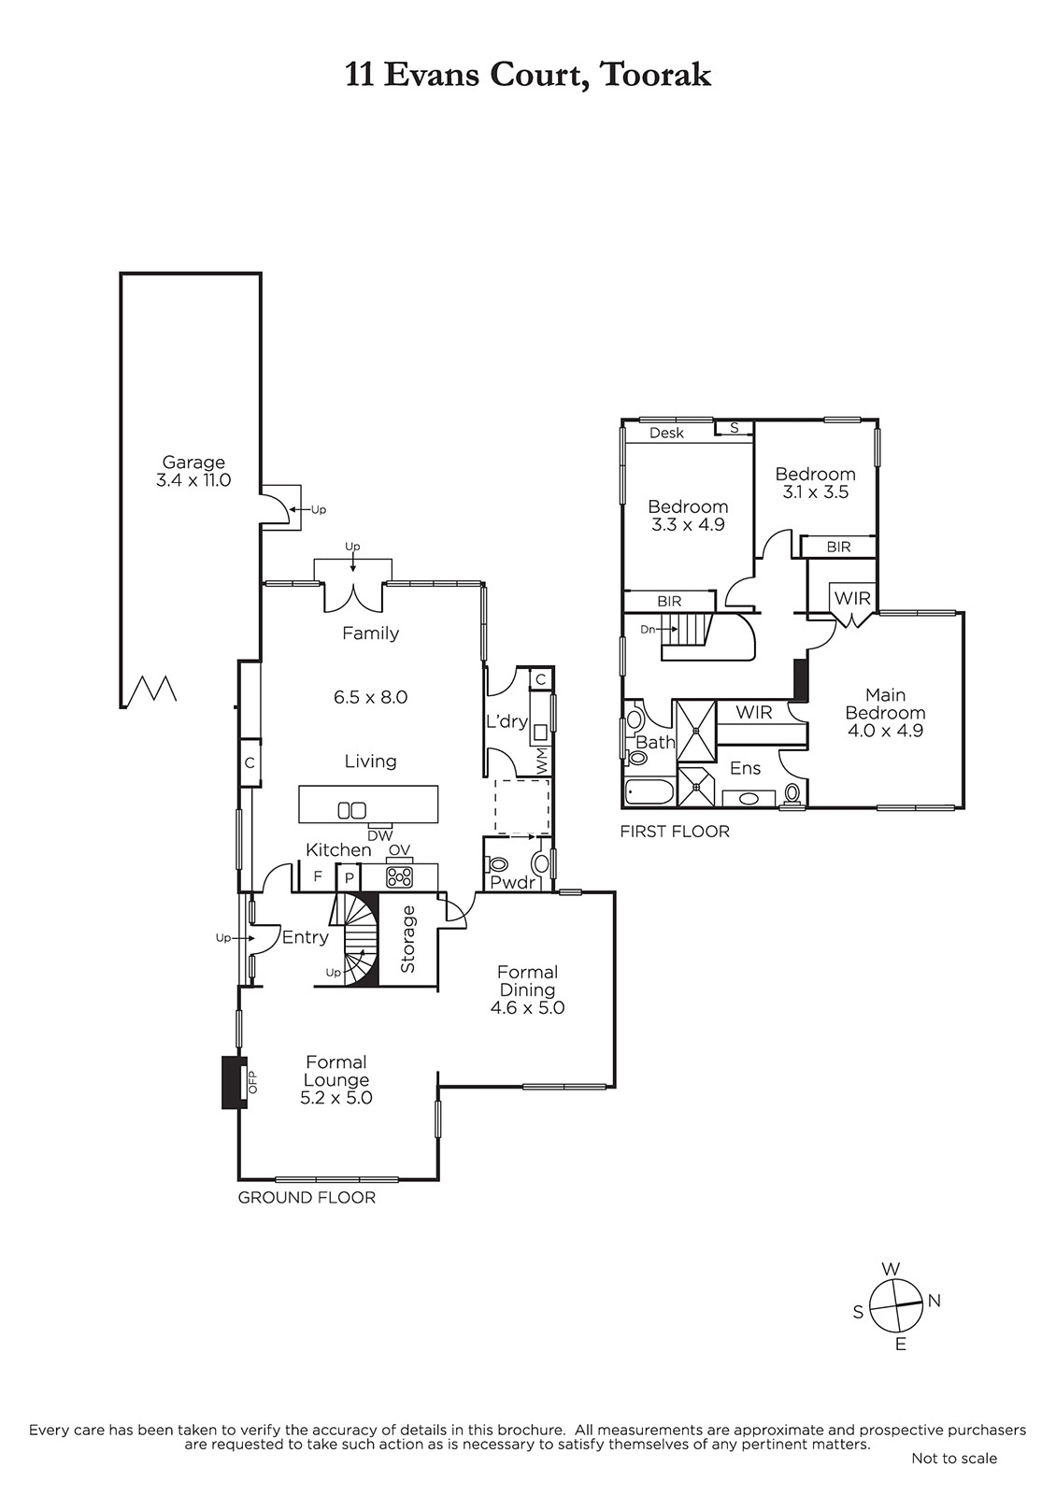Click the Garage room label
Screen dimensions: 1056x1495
coord(193,462)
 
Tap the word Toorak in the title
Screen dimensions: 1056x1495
coord(655,75)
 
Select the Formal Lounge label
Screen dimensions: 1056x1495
coord(336,1071)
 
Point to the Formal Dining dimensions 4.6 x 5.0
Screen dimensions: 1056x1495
coord(527,1007)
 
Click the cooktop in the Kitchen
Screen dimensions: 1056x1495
coord(399,876)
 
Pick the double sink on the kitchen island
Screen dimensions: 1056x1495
coord(351,810)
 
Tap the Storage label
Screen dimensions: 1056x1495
coord(407,939)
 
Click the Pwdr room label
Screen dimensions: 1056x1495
coord(513,882)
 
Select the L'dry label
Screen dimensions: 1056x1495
coord(507,720)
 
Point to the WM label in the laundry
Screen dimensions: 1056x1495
coord(541,759)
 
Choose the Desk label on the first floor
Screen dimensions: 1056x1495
coord(667,433)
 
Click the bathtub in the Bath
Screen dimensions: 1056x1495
coord(650,792)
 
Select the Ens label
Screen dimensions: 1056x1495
coord(745,768)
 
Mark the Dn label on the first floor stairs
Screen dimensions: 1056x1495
coord(648,629)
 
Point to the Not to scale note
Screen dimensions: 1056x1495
coord(954,1476)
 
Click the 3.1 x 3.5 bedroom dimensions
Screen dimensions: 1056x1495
coord(816,491)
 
